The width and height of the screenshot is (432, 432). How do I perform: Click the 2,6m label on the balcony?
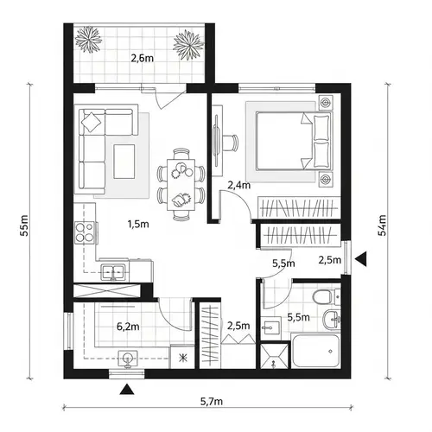click(141, 59)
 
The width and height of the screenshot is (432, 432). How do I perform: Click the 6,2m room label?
click(128, 327)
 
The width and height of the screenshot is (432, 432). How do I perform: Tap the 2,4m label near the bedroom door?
click(238, 185)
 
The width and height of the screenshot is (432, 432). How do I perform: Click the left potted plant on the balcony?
click(89, 40)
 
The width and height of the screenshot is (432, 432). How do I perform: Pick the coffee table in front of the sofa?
click(124, 158)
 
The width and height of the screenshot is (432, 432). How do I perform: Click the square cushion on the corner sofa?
click(91, 123)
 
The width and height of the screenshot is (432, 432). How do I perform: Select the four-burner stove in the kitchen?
click(86, 232)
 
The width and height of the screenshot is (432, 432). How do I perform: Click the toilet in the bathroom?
click(323, 299)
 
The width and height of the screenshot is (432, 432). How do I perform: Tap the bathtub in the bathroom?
click(316, 352)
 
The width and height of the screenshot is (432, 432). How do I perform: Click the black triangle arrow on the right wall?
click(364, 258)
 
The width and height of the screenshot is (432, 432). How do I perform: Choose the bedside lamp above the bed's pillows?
click(325, 102)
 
